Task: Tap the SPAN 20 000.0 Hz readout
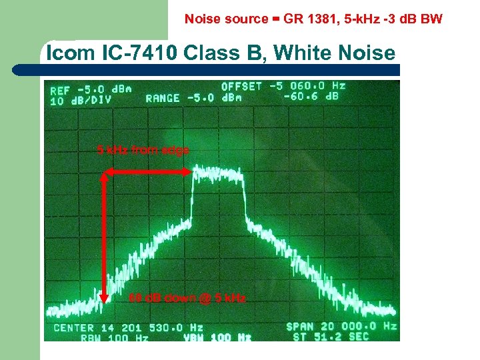pyautogui.click(x=341, y=327)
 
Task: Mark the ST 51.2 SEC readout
pyautogui.click(x=331, y=337)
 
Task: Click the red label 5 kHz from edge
pyautogui.click(x=143, y=151)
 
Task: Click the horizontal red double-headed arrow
pyautogui.click(x=147, y=172)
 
